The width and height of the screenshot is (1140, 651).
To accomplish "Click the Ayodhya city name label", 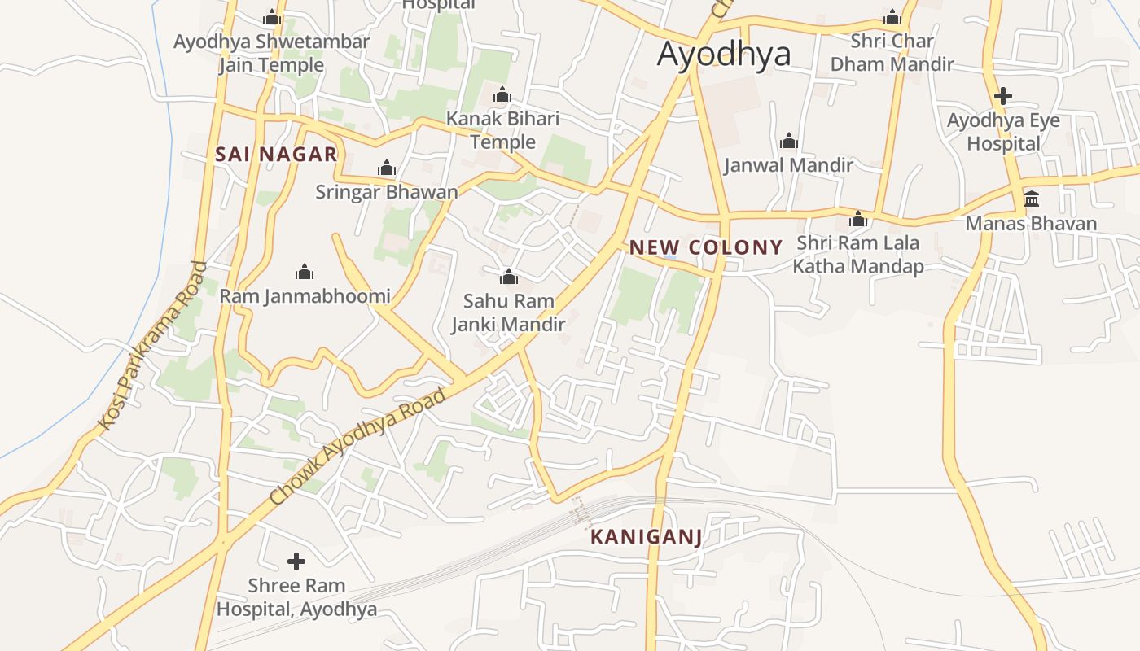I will click(x=724, y=54).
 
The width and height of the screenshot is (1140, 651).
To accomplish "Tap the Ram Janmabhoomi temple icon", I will click(x=305, y=271).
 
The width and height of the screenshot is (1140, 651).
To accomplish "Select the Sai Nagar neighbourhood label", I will click(x=276, y=155).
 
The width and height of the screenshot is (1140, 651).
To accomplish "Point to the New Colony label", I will click(x=706, y=247).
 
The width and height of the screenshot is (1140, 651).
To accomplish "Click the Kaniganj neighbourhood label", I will click(x=646, y=537).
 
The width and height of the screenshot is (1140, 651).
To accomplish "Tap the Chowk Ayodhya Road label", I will click(x=358, y=446).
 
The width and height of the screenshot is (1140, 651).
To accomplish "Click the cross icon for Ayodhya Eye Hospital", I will click(x=1003, y=96).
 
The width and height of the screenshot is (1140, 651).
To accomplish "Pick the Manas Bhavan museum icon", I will click(x=1032, y=199).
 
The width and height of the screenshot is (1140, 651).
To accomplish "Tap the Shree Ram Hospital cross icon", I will click(x=296, y=561).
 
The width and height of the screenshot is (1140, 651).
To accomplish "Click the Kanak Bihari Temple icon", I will click(x=502, y=95).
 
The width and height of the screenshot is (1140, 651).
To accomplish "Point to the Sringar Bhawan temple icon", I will click(x=387, y=168).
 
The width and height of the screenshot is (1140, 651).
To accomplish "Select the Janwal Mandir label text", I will click(x=788, y=165).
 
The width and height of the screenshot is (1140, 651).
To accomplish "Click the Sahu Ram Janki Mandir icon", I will click(x=509, y=277).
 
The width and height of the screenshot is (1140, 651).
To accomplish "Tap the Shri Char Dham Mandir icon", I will click(x=892, y=17).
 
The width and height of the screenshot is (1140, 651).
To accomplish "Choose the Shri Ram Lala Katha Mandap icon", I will click(x=858, y=219).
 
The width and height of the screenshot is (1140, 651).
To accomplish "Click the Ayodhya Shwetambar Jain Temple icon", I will click(x=272, y=17).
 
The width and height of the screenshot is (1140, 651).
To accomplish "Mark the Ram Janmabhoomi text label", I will click(x=305, y=296).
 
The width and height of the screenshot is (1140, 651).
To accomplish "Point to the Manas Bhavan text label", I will click(x=1031, y=223).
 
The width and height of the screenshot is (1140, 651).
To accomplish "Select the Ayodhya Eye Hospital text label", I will click(x=1003, y=132).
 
